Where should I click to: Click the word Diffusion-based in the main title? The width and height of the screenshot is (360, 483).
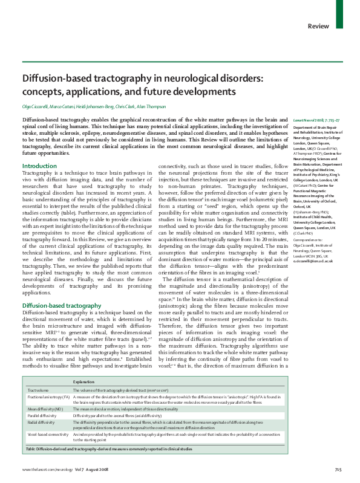[x=51, y=79]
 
